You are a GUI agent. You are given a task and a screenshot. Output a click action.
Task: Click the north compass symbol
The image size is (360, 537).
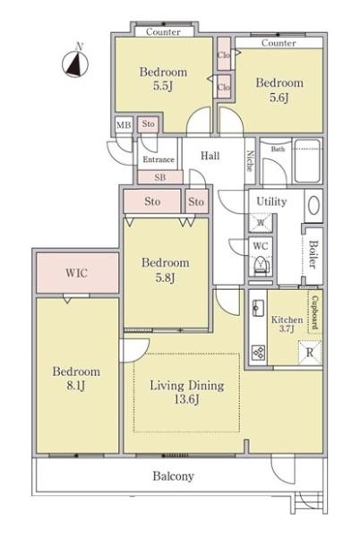point(75,63)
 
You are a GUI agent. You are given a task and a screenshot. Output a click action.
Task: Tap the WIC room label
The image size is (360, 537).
point(76,273)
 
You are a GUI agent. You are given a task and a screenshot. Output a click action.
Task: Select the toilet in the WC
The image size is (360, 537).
point(262,265)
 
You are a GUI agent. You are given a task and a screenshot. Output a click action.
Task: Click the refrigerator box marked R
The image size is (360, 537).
point(310,352)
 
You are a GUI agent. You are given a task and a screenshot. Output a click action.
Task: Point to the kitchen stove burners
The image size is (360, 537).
point(258,352)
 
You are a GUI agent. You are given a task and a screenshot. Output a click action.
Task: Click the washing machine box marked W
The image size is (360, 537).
point(261,223)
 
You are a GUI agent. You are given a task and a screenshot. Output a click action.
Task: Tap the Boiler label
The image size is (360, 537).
point(313,254)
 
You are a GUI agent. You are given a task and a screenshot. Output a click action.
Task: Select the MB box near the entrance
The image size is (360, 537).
point(124,125)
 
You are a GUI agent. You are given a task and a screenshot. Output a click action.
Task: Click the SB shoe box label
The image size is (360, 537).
point(160,177)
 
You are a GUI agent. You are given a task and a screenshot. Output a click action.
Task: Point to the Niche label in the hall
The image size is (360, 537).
point(250,160)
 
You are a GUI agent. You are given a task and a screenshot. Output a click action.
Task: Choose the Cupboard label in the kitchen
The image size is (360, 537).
point(315,312)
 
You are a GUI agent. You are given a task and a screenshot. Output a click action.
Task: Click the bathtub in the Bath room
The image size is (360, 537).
point(307,161)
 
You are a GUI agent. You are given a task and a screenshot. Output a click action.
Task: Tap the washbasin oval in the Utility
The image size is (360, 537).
point(313,206)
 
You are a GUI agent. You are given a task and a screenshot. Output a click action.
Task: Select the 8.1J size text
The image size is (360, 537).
point(76,386)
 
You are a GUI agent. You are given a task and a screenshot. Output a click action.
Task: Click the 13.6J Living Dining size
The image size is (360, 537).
point(186,399)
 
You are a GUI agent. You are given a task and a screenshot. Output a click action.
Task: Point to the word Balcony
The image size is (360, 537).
point(174,476)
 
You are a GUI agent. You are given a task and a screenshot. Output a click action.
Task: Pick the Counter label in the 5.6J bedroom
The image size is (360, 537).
point(279,43)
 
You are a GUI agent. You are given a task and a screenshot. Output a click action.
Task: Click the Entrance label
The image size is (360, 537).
point(159,159)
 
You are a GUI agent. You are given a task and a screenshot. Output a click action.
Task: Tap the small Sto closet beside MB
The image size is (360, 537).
point(149,124)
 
